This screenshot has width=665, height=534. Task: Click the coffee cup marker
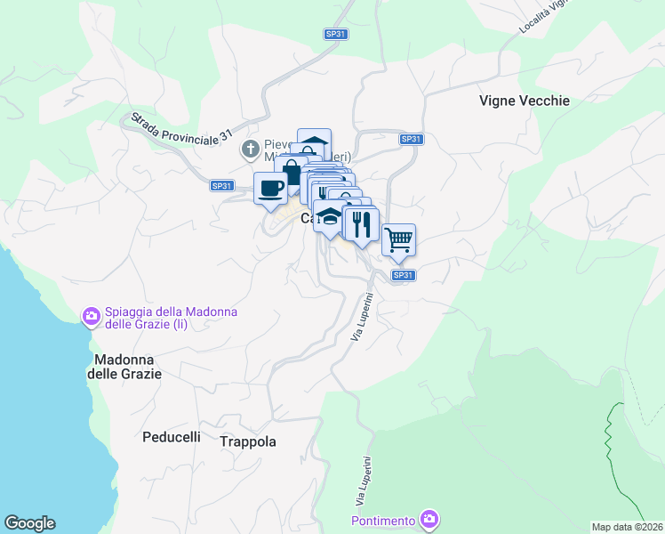[x=270, y=188]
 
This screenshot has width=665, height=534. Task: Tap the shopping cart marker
[x=399, y=238]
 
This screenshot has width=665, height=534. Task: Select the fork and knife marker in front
[x=361, y=223]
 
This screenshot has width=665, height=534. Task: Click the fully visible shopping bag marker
[x=291, y=172]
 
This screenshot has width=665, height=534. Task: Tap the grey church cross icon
[x=251, y=148]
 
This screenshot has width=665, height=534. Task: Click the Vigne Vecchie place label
[x=524, y=101]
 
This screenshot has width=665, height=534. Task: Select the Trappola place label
[x=247, y=441]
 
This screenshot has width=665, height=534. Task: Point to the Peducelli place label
[x=172, y=437]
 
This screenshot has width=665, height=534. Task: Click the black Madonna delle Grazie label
[x=124, y=367]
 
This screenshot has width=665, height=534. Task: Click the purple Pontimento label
[x=383, y=520]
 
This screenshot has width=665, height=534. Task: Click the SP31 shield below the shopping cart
[x=403, y=276]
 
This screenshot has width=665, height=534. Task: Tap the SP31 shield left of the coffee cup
[x=222, y=186]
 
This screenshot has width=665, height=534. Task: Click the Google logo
[x=29, y=523]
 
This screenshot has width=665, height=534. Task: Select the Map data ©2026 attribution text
[x=627, y=527]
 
